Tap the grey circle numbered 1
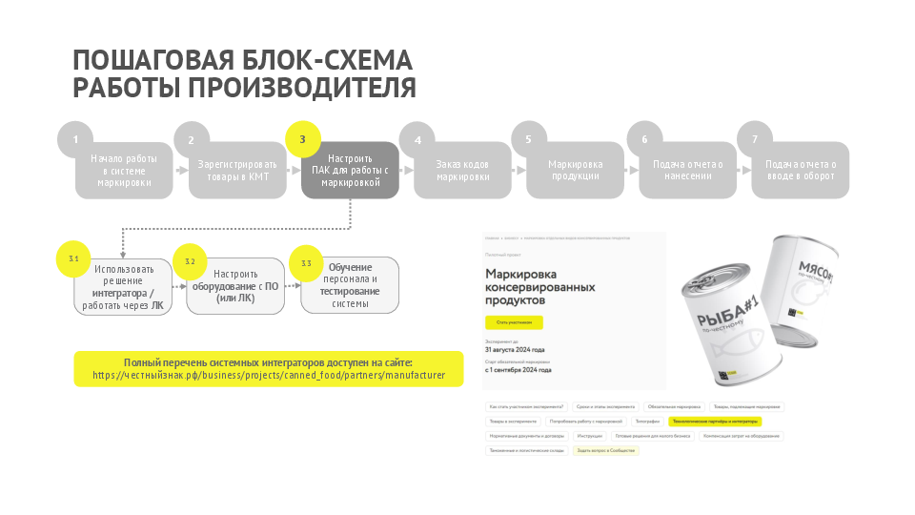(x=76, y=140)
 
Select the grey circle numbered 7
(x=755, y=140)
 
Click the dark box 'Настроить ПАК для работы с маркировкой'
(x=350, y=171)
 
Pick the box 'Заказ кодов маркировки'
(x=462, y=171)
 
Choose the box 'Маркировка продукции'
(x=575, y=171)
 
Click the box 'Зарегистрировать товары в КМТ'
(x=237, y=171)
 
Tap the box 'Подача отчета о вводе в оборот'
(x=801, y=171)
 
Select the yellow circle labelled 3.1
(x=74, y=258)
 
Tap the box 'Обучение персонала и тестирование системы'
(x=350, y=285)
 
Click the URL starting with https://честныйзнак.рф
(x=269, y=376)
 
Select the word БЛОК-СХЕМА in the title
(x=322, y=60)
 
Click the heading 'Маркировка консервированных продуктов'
(x=539, y=287)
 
